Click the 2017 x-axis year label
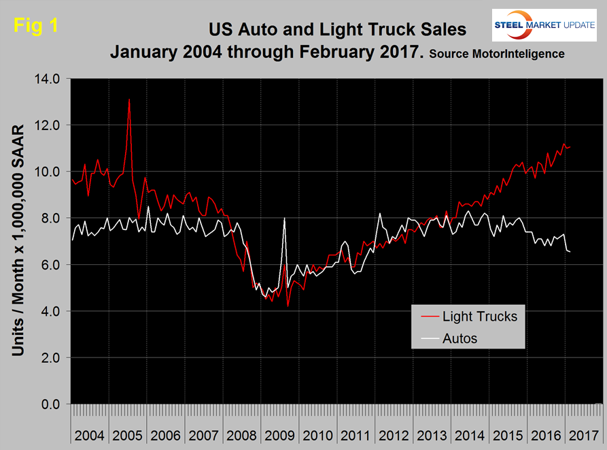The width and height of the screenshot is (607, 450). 585,434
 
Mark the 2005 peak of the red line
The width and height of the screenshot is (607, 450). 129,100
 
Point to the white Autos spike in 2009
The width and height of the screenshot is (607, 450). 283,219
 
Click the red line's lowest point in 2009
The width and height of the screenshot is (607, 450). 288,306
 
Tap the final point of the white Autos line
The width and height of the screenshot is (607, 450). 570,252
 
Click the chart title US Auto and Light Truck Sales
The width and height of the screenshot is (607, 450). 338,29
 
